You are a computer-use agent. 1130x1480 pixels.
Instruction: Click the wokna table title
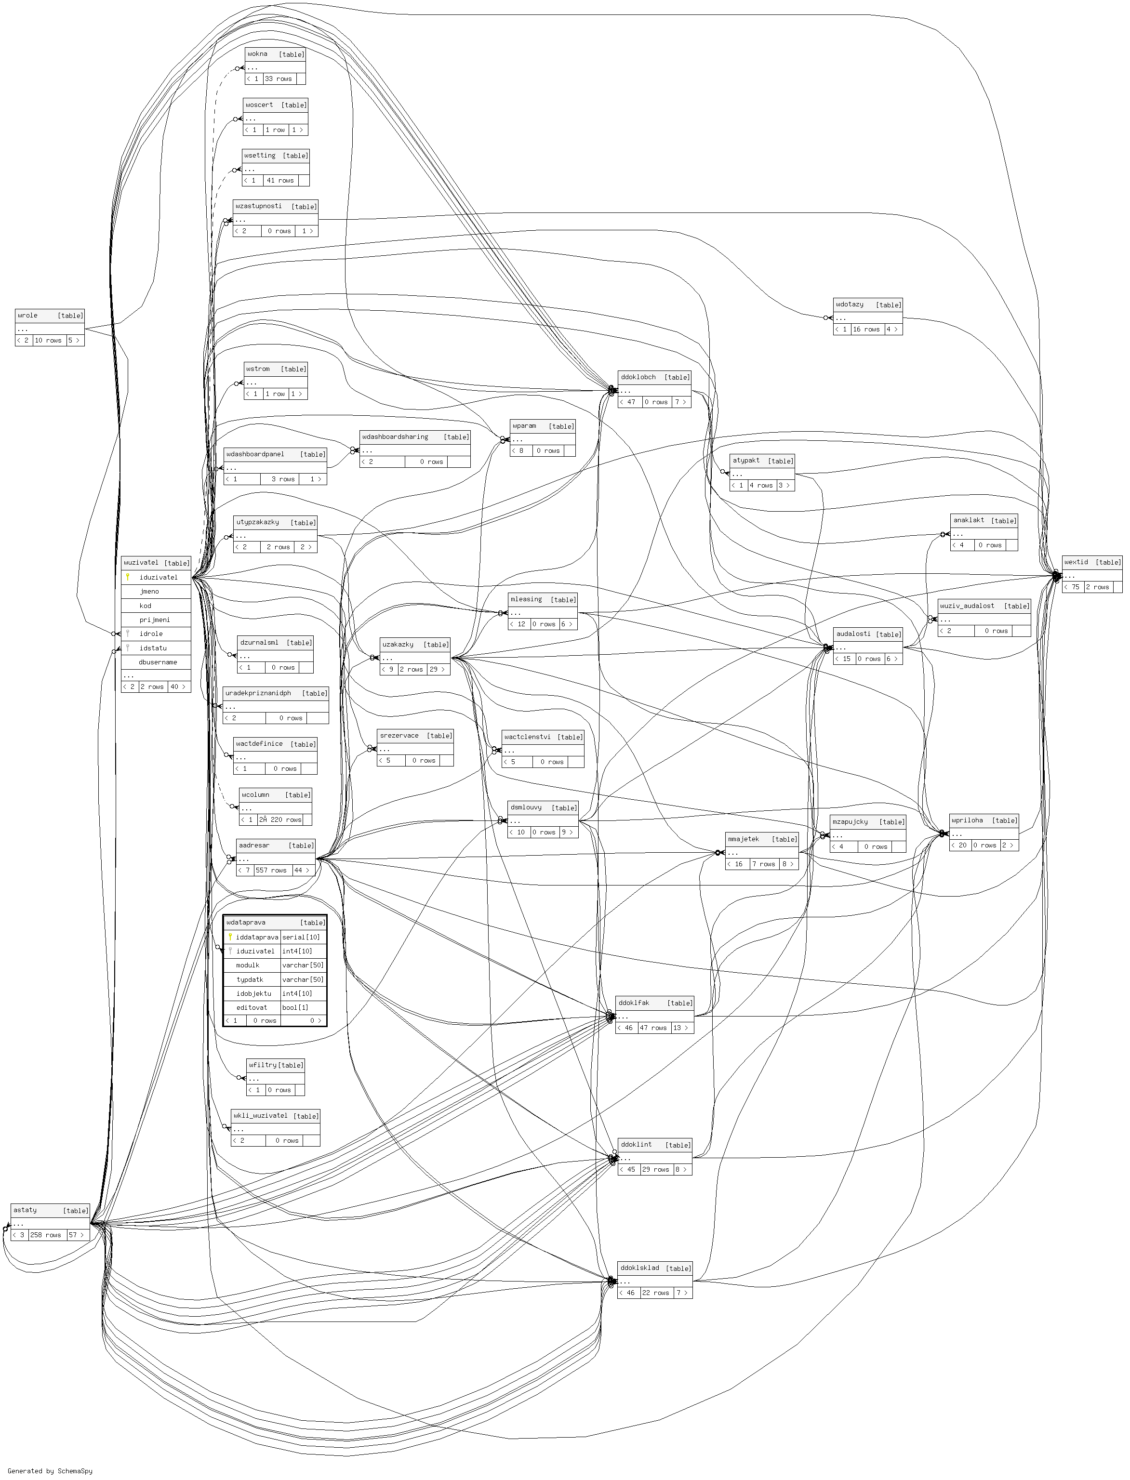(258, 54)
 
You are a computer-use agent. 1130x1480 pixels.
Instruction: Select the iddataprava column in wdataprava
(257, 937)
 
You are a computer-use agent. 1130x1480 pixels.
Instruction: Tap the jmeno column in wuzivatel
(149, 591)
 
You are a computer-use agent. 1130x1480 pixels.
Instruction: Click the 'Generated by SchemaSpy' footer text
(50, 1470)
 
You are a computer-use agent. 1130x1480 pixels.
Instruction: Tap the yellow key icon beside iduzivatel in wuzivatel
(127, 577)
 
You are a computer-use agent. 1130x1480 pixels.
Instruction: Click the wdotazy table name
(850, 304)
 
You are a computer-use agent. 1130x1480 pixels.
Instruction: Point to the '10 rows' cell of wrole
(48, 340)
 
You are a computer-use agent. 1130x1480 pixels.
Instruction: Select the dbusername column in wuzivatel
(158, 661)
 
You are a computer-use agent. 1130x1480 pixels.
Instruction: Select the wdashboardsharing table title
(395, 436)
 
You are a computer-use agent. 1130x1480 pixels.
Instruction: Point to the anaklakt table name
(969, 520)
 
